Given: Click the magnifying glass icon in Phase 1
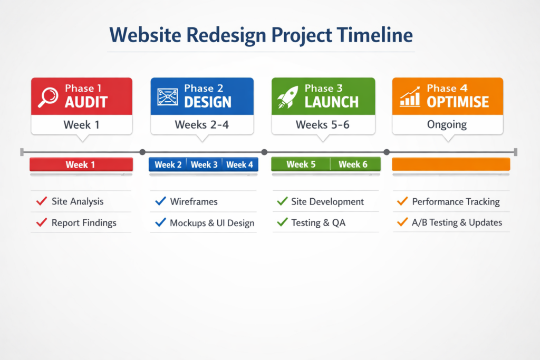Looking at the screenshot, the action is [x=48, y=96].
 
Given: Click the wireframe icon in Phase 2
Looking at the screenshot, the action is [x=168, y=96].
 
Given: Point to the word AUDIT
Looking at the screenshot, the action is [x=86, y=102].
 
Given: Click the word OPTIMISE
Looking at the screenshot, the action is [x=458, y=102].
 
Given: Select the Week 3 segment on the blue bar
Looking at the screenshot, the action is [x=204, y=164].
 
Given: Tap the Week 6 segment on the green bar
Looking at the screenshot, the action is [x=355, y=164].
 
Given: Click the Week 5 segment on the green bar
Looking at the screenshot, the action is [x=301, y=164].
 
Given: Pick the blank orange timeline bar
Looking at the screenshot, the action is [x=451, y=164].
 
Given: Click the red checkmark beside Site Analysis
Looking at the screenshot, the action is [x=42, y=201].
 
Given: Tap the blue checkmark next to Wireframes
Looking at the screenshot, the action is [x=160, y=201].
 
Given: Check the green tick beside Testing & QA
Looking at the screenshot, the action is [x=283, y=222].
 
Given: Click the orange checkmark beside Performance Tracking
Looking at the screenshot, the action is [x=402, y=201].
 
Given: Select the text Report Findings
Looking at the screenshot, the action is [x=84, y=223].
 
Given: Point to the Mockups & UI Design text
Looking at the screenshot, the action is [x=212, y=223].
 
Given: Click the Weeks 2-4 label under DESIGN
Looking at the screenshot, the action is [x=202, y=124].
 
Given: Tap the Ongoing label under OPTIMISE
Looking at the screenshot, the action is [x=447, y=124].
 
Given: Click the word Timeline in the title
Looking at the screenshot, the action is [x=375, y=35].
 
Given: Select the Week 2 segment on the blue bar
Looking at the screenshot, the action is [x=168, y=164].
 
